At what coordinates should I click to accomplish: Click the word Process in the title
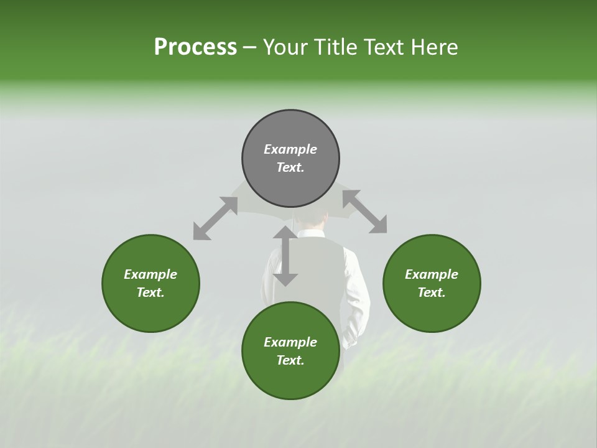tap(195, 47)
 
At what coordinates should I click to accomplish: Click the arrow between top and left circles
tap(215, 218)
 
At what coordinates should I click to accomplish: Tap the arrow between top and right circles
tap(364, 212)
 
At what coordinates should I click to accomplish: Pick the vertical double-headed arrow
tap(285, 256)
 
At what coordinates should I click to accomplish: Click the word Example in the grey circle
tap(290, 149)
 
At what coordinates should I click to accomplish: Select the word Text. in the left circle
tap(150, 292)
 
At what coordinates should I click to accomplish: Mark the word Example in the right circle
tap(431, 274)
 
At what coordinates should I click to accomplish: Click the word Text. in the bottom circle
tap(290, 360)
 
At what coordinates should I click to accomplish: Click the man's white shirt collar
tap(312, 235)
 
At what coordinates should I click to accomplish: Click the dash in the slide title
tap(250, 47)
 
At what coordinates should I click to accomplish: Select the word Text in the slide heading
tap(382, 47)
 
